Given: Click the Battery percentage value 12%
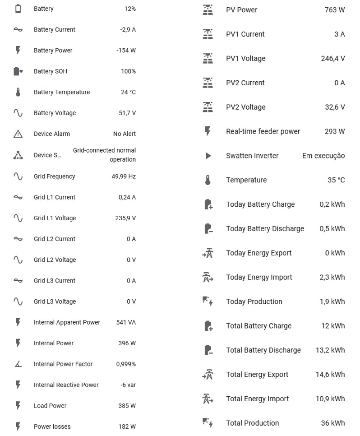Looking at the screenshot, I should [x=130, y=9].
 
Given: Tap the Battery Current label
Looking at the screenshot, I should [x=55, y=29].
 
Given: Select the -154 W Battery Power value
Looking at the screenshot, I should [x=126, y=51].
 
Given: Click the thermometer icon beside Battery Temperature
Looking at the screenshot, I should [x=18, y=92].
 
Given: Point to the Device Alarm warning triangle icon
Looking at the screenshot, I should [x=18, y=134].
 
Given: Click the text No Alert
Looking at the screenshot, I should [x=124, y=134].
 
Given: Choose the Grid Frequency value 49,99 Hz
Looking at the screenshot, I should [x=124, y=176].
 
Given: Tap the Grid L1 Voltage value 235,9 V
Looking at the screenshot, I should [x=125, y=218].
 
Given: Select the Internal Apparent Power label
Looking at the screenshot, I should [x=67, y=322].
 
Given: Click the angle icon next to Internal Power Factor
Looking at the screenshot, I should [x=18, y=364].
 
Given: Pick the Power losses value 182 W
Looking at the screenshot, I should [x=127, y=427].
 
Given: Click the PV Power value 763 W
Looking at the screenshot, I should [x=334, y=9].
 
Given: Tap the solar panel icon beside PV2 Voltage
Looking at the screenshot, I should [x=208, y=107].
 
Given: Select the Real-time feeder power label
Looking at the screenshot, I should [x=263, y=131].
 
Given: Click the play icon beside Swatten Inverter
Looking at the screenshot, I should [x=208, y=156].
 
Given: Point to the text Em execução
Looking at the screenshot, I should [x=323, y=156].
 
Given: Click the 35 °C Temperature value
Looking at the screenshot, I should [x=336, y=180].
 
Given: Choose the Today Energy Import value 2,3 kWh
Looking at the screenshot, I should [x=332, y=277].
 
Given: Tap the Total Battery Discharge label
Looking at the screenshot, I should [x=263, y=350].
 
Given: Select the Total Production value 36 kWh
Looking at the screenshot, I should [x=333, y=423].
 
